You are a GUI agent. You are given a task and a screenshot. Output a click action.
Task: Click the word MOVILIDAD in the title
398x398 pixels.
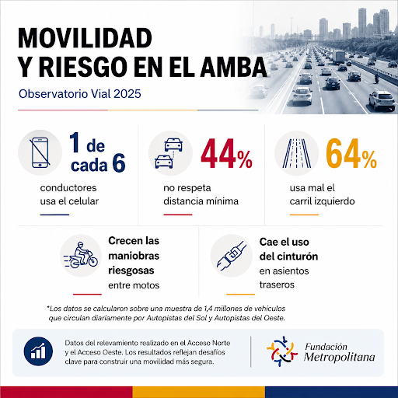tap(85, 38)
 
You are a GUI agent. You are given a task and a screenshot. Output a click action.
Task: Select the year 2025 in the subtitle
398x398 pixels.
tap(127, 94)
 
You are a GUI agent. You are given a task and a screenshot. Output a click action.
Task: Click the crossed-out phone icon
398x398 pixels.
tap(40, 152)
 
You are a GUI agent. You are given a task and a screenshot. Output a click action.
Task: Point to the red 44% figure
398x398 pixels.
tap(226, 154)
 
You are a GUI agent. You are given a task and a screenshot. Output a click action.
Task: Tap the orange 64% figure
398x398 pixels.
tap(351, 154)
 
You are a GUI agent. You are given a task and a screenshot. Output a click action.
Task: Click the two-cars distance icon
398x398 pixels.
tap(169, 153)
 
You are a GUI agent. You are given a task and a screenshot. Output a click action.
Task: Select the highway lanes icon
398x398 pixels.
tap(297, 153)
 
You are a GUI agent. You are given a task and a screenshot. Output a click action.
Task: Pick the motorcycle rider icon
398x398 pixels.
tap(81, 255)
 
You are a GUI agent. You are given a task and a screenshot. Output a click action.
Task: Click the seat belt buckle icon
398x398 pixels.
tap(232, 256)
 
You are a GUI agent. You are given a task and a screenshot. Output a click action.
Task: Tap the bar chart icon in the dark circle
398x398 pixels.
tap(38, 351)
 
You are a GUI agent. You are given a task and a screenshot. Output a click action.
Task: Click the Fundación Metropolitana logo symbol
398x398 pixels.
tap(282, 351)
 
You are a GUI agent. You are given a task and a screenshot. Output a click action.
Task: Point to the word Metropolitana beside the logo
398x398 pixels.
tap(340, 357)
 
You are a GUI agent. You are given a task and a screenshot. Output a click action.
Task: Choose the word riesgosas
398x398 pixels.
tap(131, 271)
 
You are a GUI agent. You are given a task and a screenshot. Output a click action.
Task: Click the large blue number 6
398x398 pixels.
tap(119, 163)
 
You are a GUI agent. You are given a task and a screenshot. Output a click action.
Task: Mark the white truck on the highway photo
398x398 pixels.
tap(339, 58)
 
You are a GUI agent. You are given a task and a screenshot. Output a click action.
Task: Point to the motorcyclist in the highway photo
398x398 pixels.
tap(376, 78)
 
